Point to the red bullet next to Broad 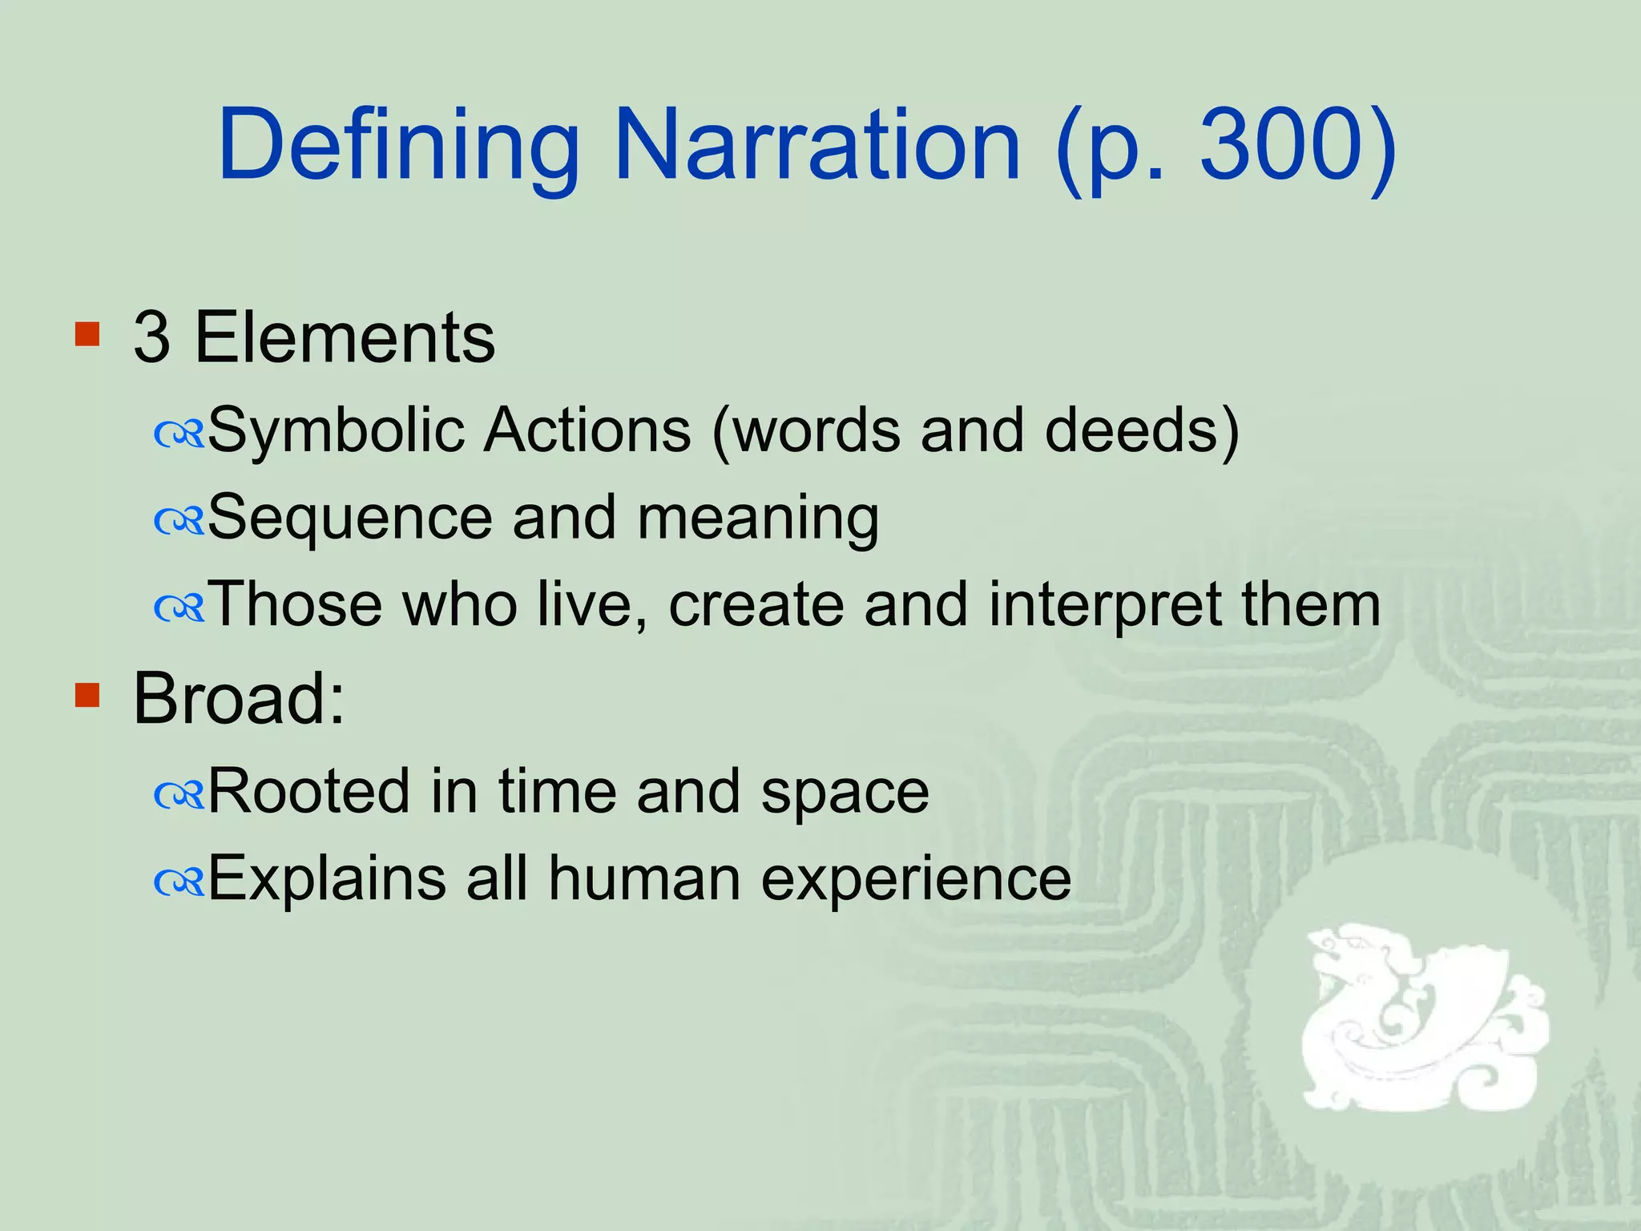87,695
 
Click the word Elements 345,337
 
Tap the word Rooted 308,792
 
